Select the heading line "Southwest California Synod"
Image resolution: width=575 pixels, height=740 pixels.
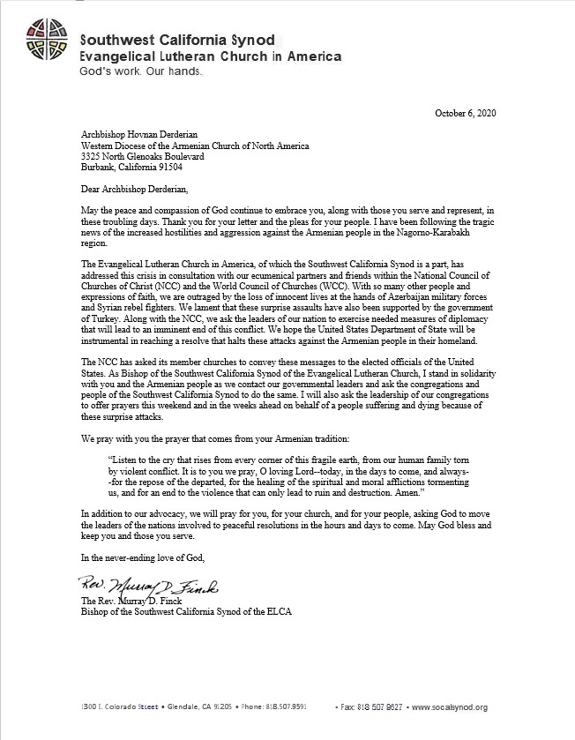click(177, 40)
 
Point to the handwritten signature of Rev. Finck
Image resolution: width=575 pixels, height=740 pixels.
click(141, 586)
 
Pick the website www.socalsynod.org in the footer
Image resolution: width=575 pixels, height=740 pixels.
click(450, 707)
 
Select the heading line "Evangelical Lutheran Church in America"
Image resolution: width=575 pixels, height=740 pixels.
click(210, 56)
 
